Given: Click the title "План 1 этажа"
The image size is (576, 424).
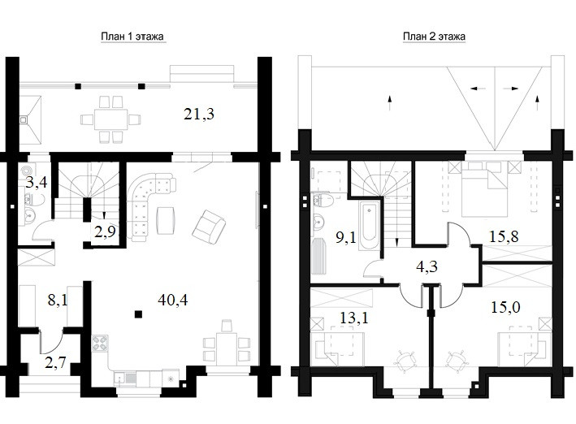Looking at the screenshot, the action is (x=132, y=37).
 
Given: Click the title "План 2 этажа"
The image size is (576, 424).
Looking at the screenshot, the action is (x=434, y=37).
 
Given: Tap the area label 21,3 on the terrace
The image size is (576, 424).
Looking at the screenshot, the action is (x=199, y=115).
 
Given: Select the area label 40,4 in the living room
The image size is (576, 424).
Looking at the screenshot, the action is (x=173, y=301).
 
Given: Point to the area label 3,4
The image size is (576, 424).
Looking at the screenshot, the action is (x=37, y=182).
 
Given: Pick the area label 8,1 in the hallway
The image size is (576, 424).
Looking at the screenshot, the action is (x=58, y=301).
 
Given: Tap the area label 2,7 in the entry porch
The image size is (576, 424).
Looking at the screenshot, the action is (x=55, y=362).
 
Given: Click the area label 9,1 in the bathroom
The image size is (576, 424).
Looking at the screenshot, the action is (x=346, y=237).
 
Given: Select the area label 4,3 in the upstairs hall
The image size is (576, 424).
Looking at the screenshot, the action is (x=427, y=266).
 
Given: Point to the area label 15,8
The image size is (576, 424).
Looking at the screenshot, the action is (x=504, y=236).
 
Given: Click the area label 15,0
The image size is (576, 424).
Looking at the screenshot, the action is (x=505, y=307).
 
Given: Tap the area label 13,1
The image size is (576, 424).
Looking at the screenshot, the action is (x=354, y=318).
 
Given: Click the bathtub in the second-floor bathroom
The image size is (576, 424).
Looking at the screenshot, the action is (x=368, y=225).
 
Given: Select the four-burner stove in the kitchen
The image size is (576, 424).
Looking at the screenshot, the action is (x=100, y=344).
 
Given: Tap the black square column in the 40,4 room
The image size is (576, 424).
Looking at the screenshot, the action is (x=138, y=314).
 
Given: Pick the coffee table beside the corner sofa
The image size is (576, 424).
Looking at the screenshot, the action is (x=166, y=220).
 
